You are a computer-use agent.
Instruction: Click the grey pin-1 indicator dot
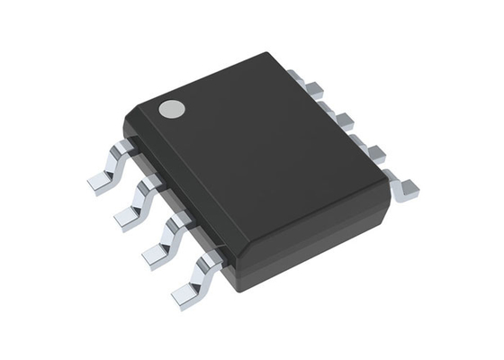[171, 109]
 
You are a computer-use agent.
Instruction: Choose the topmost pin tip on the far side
[315, 87]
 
